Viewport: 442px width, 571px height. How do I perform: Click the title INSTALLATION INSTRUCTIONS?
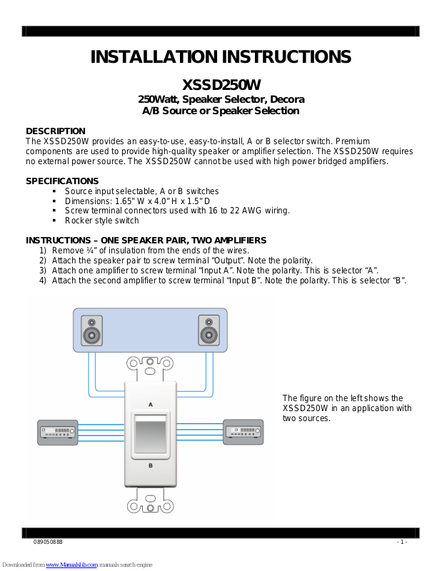pos(221,58)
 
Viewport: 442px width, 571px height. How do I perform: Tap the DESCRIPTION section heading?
pos(56,131)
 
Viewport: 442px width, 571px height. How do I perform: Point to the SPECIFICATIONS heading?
pos(62,181)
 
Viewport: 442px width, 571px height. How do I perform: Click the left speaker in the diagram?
pos(91,330)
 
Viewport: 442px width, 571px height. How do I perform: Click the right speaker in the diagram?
pos(209,330)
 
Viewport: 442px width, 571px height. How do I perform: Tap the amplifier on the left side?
pos(57,431)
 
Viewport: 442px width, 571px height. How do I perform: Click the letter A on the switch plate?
pos(150,404)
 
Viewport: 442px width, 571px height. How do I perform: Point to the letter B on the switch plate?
pos(150,465)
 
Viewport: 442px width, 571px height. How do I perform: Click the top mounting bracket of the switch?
pos(150,366)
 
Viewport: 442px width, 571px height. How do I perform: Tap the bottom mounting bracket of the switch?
pos(150,505)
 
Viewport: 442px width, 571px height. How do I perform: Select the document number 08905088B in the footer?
pos(49,542)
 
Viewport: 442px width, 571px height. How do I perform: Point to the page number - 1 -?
pos(401,542)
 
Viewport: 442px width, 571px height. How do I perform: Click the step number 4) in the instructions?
pos(43,281)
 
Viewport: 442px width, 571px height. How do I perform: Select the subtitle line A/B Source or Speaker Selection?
pos(220,111)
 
